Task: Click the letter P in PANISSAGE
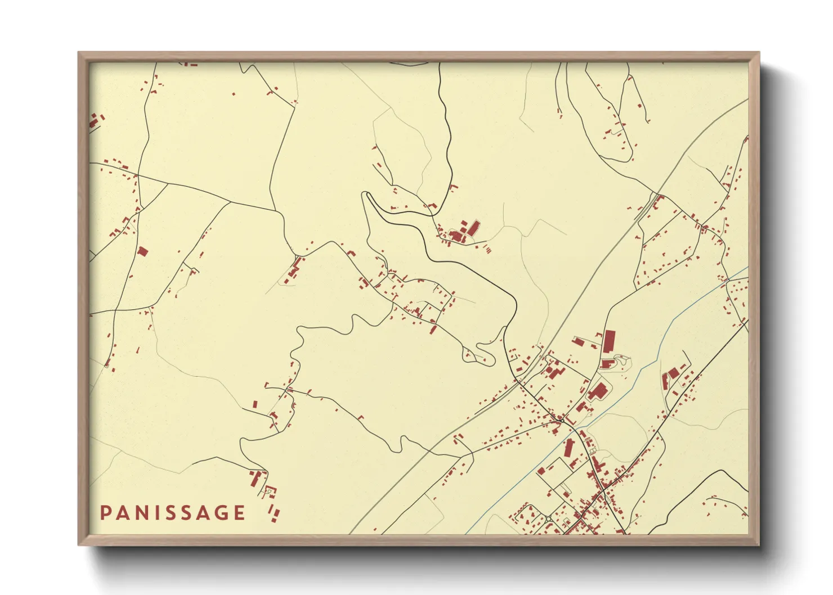(x=105, y=513)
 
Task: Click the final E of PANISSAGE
(x=239, y=513)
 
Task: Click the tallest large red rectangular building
(x=609, y=341)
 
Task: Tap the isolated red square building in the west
(x=142, y=251)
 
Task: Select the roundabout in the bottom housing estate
(x=548, y=518)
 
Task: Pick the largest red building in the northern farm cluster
(x=474, y=228)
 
